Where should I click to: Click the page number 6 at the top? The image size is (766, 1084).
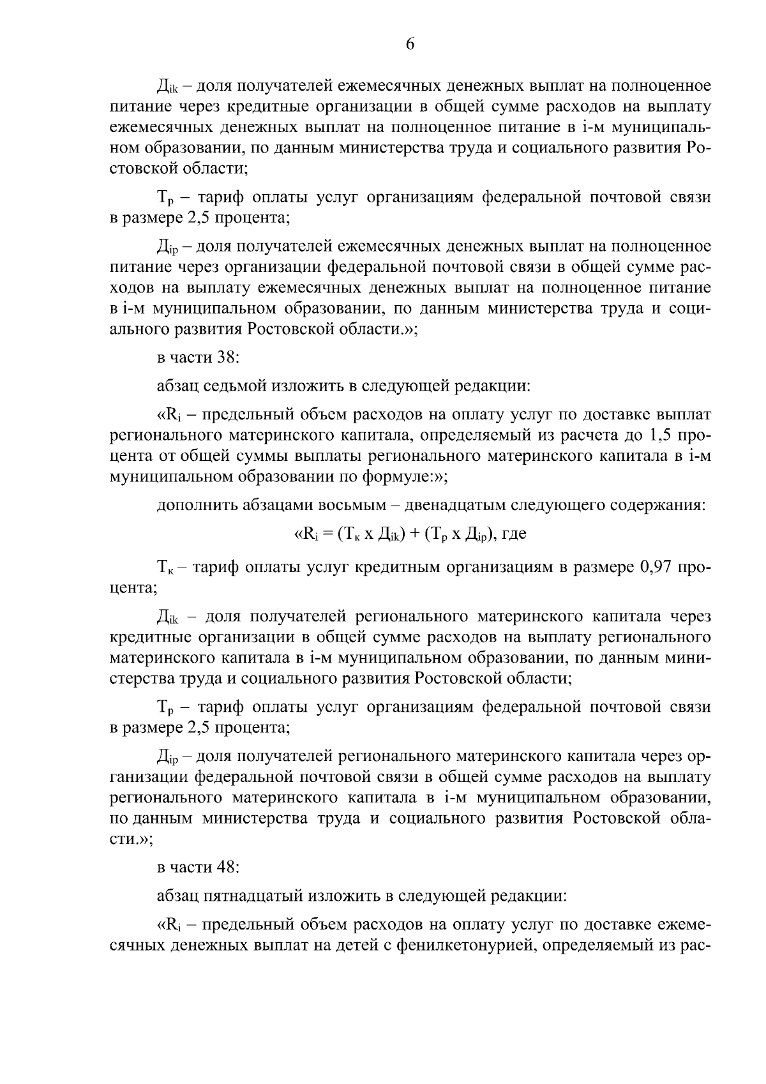pos(410,44)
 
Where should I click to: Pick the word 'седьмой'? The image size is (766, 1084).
pos(233,387)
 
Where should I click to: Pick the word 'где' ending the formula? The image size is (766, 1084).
pos(514,534)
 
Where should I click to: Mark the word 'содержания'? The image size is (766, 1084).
pos(666,506)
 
